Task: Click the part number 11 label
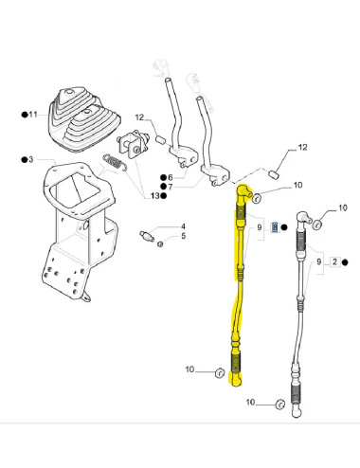coord(32,114)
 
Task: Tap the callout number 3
coord(31,159)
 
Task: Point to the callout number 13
coord(153,195)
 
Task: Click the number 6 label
coord(169,176)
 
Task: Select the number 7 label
coord(169,186)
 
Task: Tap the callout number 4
coord(183,225)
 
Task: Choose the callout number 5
coord(183,237)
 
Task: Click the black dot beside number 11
coord(24,114)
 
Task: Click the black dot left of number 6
coord(161,176)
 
